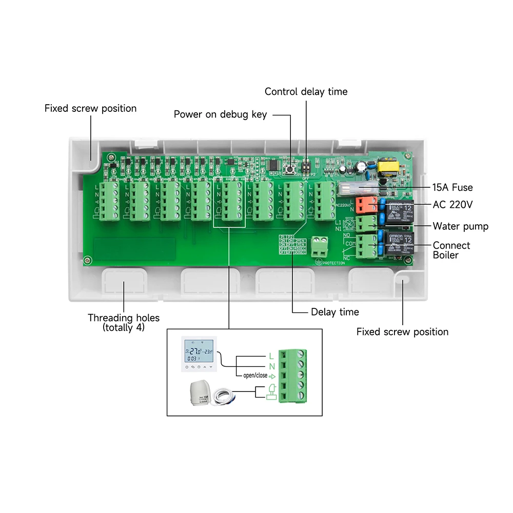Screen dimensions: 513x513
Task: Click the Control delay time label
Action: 306,92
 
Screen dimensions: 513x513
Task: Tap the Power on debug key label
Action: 220,114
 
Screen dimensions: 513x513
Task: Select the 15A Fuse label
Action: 452,188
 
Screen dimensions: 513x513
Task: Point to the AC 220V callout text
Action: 452,205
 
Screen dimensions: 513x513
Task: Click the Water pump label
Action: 460,226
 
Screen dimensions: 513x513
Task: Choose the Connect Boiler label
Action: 451,250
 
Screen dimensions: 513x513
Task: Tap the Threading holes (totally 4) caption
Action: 124,322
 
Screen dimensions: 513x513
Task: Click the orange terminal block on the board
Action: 366,205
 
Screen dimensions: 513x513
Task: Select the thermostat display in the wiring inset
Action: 198,354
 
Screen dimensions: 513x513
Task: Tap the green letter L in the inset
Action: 271,356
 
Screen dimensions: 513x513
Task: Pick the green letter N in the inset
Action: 271,366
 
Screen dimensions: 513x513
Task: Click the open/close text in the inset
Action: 252,376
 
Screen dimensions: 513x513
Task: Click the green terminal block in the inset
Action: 293,376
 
